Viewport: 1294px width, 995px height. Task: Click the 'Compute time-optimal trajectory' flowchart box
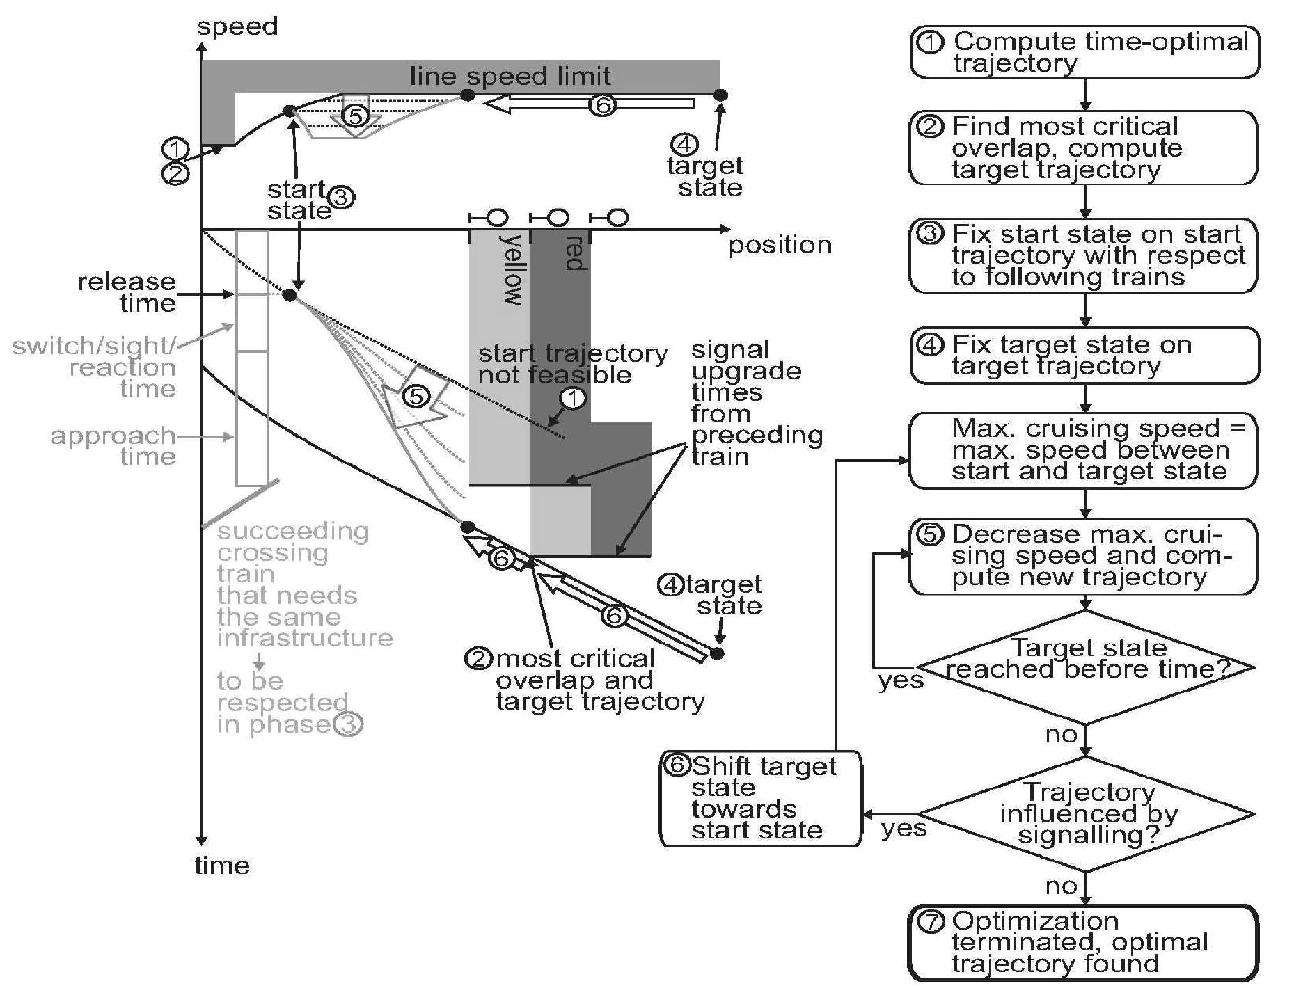tap(1084, 51)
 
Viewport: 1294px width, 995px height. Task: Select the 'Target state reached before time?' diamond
tap(1086, 667)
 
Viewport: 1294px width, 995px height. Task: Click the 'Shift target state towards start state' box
tap(760, 798)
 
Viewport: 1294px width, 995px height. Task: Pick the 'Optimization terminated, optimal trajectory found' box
tap(1083, 942)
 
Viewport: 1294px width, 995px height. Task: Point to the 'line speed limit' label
tap(510, 76)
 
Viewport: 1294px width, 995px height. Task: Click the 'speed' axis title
tap(237, 26)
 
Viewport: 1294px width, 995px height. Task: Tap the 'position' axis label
tap(780, 245)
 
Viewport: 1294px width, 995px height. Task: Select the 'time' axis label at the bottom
tap(221, 865)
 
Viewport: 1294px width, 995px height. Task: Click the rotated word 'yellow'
tap(513, 269)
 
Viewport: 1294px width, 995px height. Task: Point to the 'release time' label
tap(127, 292)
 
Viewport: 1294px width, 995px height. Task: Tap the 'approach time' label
tap(113, 445)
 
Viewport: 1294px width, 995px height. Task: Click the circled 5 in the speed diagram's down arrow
tap(356, 116)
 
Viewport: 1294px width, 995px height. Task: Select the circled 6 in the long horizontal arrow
tap(602, 105)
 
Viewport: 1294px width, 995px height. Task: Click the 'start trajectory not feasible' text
tap(572, 364)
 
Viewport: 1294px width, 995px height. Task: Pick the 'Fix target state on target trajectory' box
tap(1084, 355)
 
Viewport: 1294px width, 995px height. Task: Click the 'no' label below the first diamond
tap(1061, 735)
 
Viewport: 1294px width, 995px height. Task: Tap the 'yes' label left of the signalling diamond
tap(904, 828)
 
